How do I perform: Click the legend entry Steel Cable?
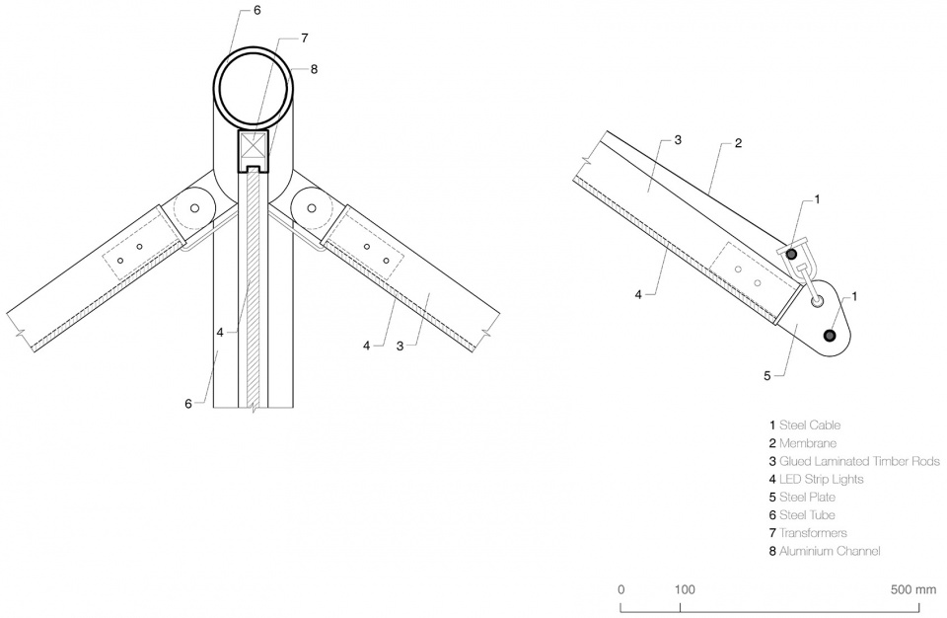(805, 425)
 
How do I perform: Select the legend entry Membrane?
(803, 443)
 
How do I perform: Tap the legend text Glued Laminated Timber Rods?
(854, 461)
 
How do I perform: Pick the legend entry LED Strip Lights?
(816, 479)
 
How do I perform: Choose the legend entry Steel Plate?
(802, 497)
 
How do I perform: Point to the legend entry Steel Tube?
(802, 515)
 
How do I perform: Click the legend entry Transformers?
(808, 533)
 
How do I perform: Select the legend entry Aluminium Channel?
(825, 551)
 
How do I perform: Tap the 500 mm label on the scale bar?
(913, 589)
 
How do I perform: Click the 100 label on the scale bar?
(685, 589)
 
